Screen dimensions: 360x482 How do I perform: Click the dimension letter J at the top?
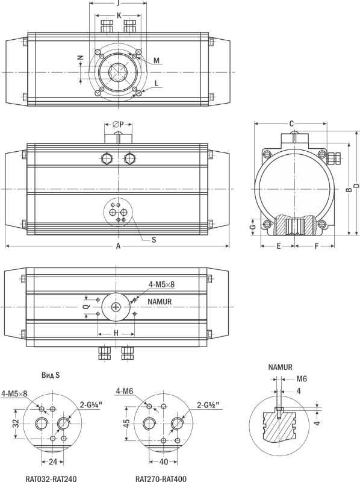[x=118, y=3]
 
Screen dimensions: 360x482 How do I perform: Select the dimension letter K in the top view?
[x=119, y=16]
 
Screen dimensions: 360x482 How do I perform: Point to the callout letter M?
[x=157, y=60]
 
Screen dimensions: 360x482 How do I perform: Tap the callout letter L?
[x=157, y=83]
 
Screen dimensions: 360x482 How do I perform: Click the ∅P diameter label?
[x=118, y=124]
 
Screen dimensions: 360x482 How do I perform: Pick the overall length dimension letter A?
[x=118, y=246]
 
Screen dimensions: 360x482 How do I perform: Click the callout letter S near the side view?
[x=154, y=239]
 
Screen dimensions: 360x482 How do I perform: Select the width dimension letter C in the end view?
[x=291, y=124]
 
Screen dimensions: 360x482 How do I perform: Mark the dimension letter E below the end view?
[x=279, y=246]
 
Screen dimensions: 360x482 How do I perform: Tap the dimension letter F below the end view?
[x=317, y=246]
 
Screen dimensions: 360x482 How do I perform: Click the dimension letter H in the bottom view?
[x=116, y=333]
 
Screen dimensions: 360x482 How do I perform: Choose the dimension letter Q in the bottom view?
[x=87, y=307]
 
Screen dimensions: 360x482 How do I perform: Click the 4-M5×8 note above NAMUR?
[x=161, y=284]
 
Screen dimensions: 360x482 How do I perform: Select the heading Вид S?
[x=51, y=375]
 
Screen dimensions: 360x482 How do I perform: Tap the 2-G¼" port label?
[x=91, y=404]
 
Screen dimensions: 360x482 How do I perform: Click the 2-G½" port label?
[x=208, y=405]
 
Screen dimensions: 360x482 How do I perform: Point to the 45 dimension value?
[x=127, y=424]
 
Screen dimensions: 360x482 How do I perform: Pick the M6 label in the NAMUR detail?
[x=302, y=379]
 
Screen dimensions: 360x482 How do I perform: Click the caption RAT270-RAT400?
[x=161, y=478]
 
